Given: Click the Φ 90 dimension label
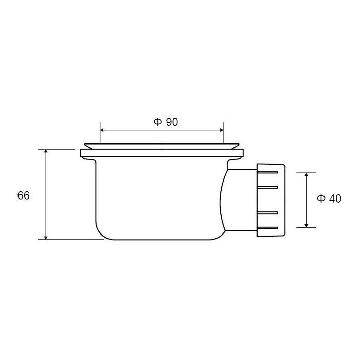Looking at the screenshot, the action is (x=166, y=122).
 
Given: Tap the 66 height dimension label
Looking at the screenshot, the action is (x=24, y=195).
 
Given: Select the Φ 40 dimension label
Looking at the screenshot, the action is (x=329, y=199).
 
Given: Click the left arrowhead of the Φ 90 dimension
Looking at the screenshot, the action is (x=102, y=130).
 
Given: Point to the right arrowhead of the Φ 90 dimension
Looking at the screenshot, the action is (x=221, y=130).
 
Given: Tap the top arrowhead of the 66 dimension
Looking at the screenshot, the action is (x=46, y=151).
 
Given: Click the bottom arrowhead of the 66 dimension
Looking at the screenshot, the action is (x=46, y=237).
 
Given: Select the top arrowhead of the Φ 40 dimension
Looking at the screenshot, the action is (x=307, y=175).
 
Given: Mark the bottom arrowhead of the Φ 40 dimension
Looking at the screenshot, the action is (x=307, y=225).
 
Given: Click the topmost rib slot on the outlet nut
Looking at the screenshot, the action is (x=267, y=172).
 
